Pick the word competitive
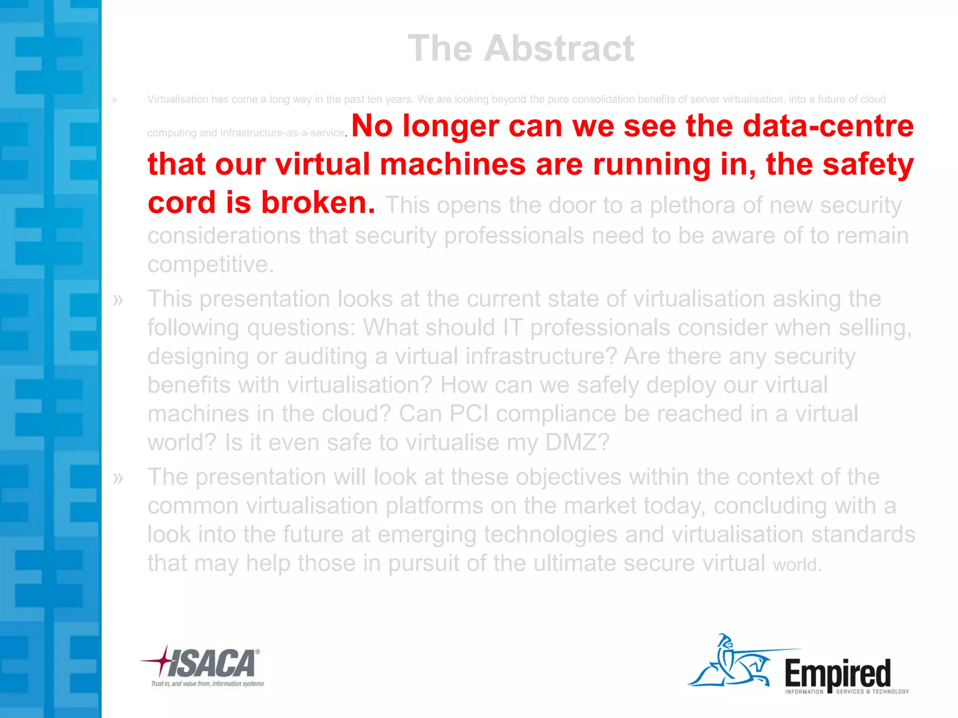click(x=210, y=265)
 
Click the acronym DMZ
click(x=577, y=442)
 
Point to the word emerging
click(x=426, y=534)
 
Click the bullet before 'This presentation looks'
click(x=118, y=300)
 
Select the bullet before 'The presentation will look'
click(x=118, y=478)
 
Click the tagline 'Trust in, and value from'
click(x=207, y=684)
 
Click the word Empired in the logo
click(x=837, y=673)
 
